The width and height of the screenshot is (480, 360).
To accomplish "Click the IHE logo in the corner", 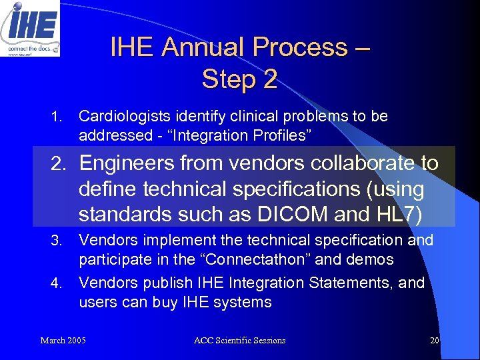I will point(30,28).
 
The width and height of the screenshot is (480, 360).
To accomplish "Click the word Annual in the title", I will point(205,47).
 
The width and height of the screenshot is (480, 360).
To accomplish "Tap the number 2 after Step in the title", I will point(269,79).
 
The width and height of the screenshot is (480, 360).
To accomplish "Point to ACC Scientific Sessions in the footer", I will point(239,341).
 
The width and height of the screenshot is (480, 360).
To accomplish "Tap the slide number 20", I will point(434,341).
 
